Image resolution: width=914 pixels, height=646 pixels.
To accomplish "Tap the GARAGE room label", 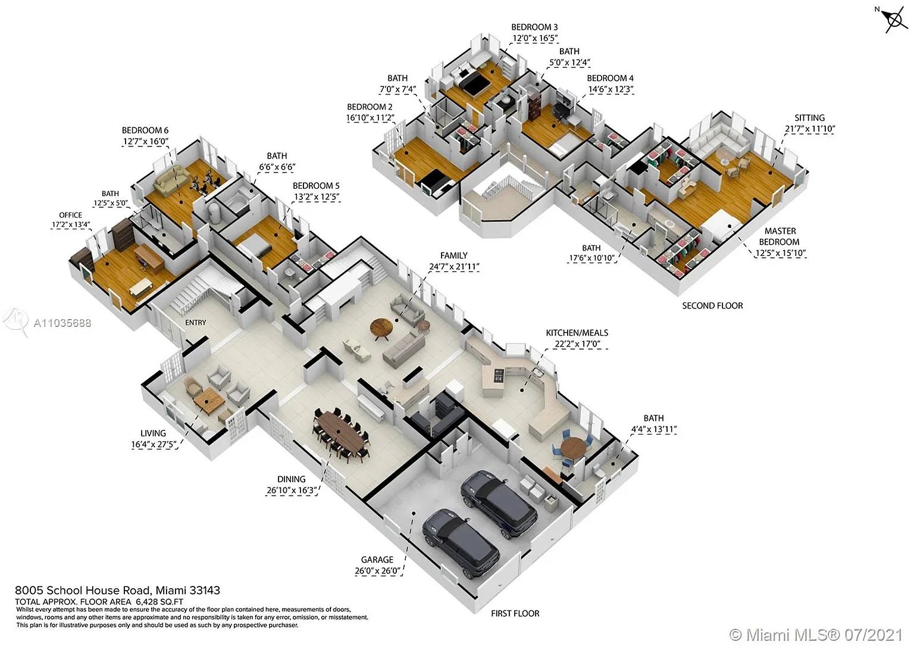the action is coord(377,560).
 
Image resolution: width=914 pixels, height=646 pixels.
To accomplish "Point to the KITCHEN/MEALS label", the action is coord(577,333).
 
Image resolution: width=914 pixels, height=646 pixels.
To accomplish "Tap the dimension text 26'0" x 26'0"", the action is coord(377,570).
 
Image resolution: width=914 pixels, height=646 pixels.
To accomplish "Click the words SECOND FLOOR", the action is coord(712,305).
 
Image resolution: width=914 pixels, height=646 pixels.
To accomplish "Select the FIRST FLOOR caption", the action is coord(515,613).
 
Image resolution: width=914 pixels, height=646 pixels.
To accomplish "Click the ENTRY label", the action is coord(195,323).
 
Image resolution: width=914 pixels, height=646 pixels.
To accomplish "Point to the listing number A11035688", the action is coord(62,323).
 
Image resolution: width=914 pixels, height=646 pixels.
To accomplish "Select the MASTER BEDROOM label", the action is coord(780,236).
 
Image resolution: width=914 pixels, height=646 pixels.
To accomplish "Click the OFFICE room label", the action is coord(71,215).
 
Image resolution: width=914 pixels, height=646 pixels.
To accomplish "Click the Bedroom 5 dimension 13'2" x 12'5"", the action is coord(316,197).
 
